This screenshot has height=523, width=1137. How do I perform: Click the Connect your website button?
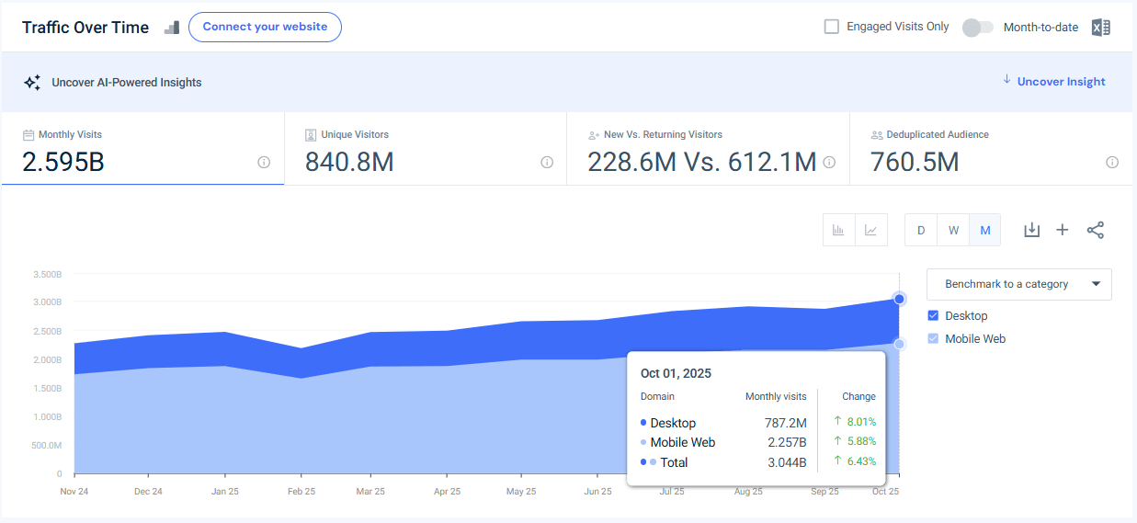265,27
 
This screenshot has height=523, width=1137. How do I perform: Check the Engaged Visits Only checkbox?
832,27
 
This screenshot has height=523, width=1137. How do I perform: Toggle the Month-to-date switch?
977,28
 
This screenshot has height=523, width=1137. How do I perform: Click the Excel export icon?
1100,28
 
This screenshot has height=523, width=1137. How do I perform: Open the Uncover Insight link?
1061,82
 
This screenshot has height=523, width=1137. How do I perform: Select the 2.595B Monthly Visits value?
63,163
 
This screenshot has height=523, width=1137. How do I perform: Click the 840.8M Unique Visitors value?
349,163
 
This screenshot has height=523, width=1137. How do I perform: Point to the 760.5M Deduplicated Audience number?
915,163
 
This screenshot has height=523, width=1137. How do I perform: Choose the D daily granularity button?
921,231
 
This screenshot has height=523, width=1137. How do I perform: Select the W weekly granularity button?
953,231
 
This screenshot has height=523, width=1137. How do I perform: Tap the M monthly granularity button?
985,231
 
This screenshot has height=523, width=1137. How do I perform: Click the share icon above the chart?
1095,230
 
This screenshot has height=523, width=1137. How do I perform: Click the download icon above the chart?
1031,230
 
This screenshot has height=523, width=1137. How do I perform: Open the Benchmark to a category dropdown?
1018,284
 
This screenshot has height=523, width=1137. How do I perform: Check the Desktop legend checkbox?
933,316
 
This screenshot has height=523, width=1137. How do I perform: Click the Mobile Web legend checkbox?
933,339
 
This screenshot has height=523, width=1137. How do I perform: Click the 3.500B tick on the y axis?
46,274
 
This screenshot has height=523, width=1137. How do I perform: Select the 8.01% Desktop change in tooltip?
860,422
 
